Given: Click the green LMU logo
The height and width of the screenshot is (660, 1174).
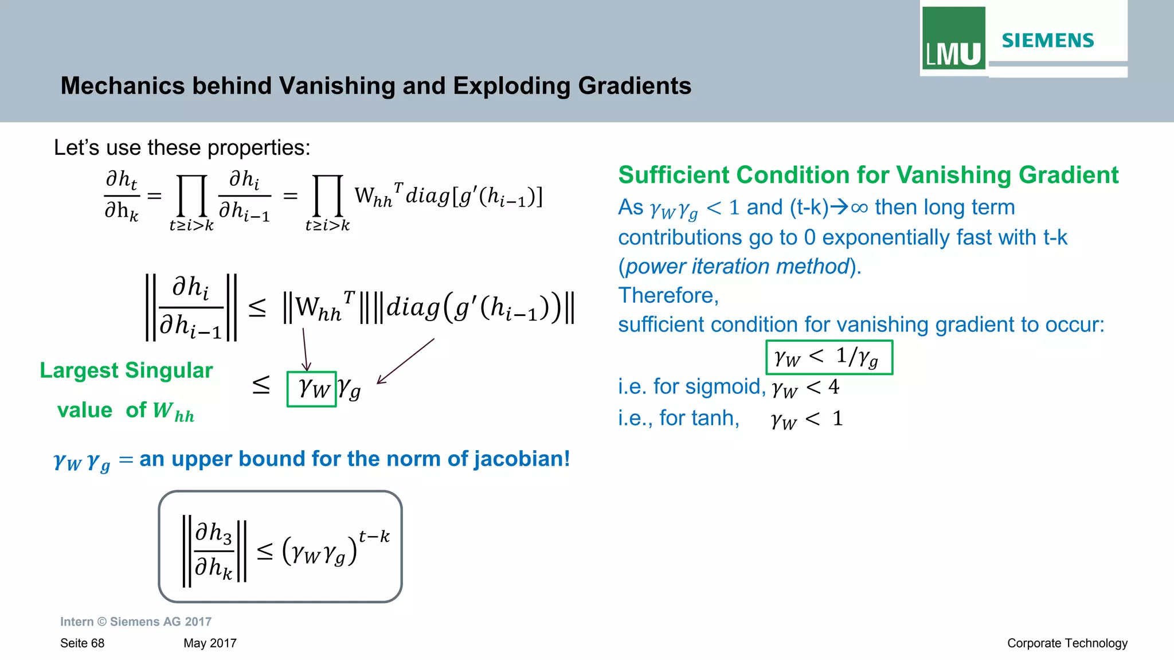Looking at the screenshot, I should point(953,38).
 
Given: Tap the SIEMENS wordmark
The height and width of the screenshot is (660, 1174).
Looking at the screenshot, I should point(1047,41).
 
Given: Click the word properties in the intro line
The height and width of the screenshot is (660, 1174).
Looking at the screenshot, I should point(258,148).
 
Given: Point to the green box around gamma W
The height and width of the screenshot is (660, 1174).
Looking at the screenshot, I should point(311,389).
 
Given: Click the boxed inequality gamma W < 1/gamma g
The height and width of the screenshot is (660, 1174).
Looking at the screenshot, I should point(829,357).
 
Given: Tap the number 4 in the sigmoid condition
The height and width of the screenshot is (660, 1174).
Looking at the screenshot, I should point(833,387).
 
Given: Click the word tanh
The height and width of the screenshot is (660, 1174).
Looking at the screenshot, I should point(717,418).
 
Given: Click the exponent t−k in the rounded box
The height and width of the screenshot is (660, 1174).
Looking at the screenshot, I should point(374,537).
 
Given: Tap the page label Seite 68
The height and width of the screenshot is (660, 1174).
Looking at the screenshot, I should point(82,643).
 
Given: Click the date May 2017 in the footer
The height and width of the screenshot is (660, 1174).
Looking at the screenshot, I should point(210,643).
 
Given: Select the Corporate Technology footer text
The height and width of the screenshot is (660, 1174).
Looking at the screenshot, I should point(1067,643).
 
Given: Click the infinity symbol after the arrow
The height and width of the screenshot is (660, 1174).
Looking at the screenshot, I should point(859,208).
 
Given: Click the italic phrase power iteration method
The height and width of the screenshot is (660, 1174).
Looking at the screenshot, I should point(737,267).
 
